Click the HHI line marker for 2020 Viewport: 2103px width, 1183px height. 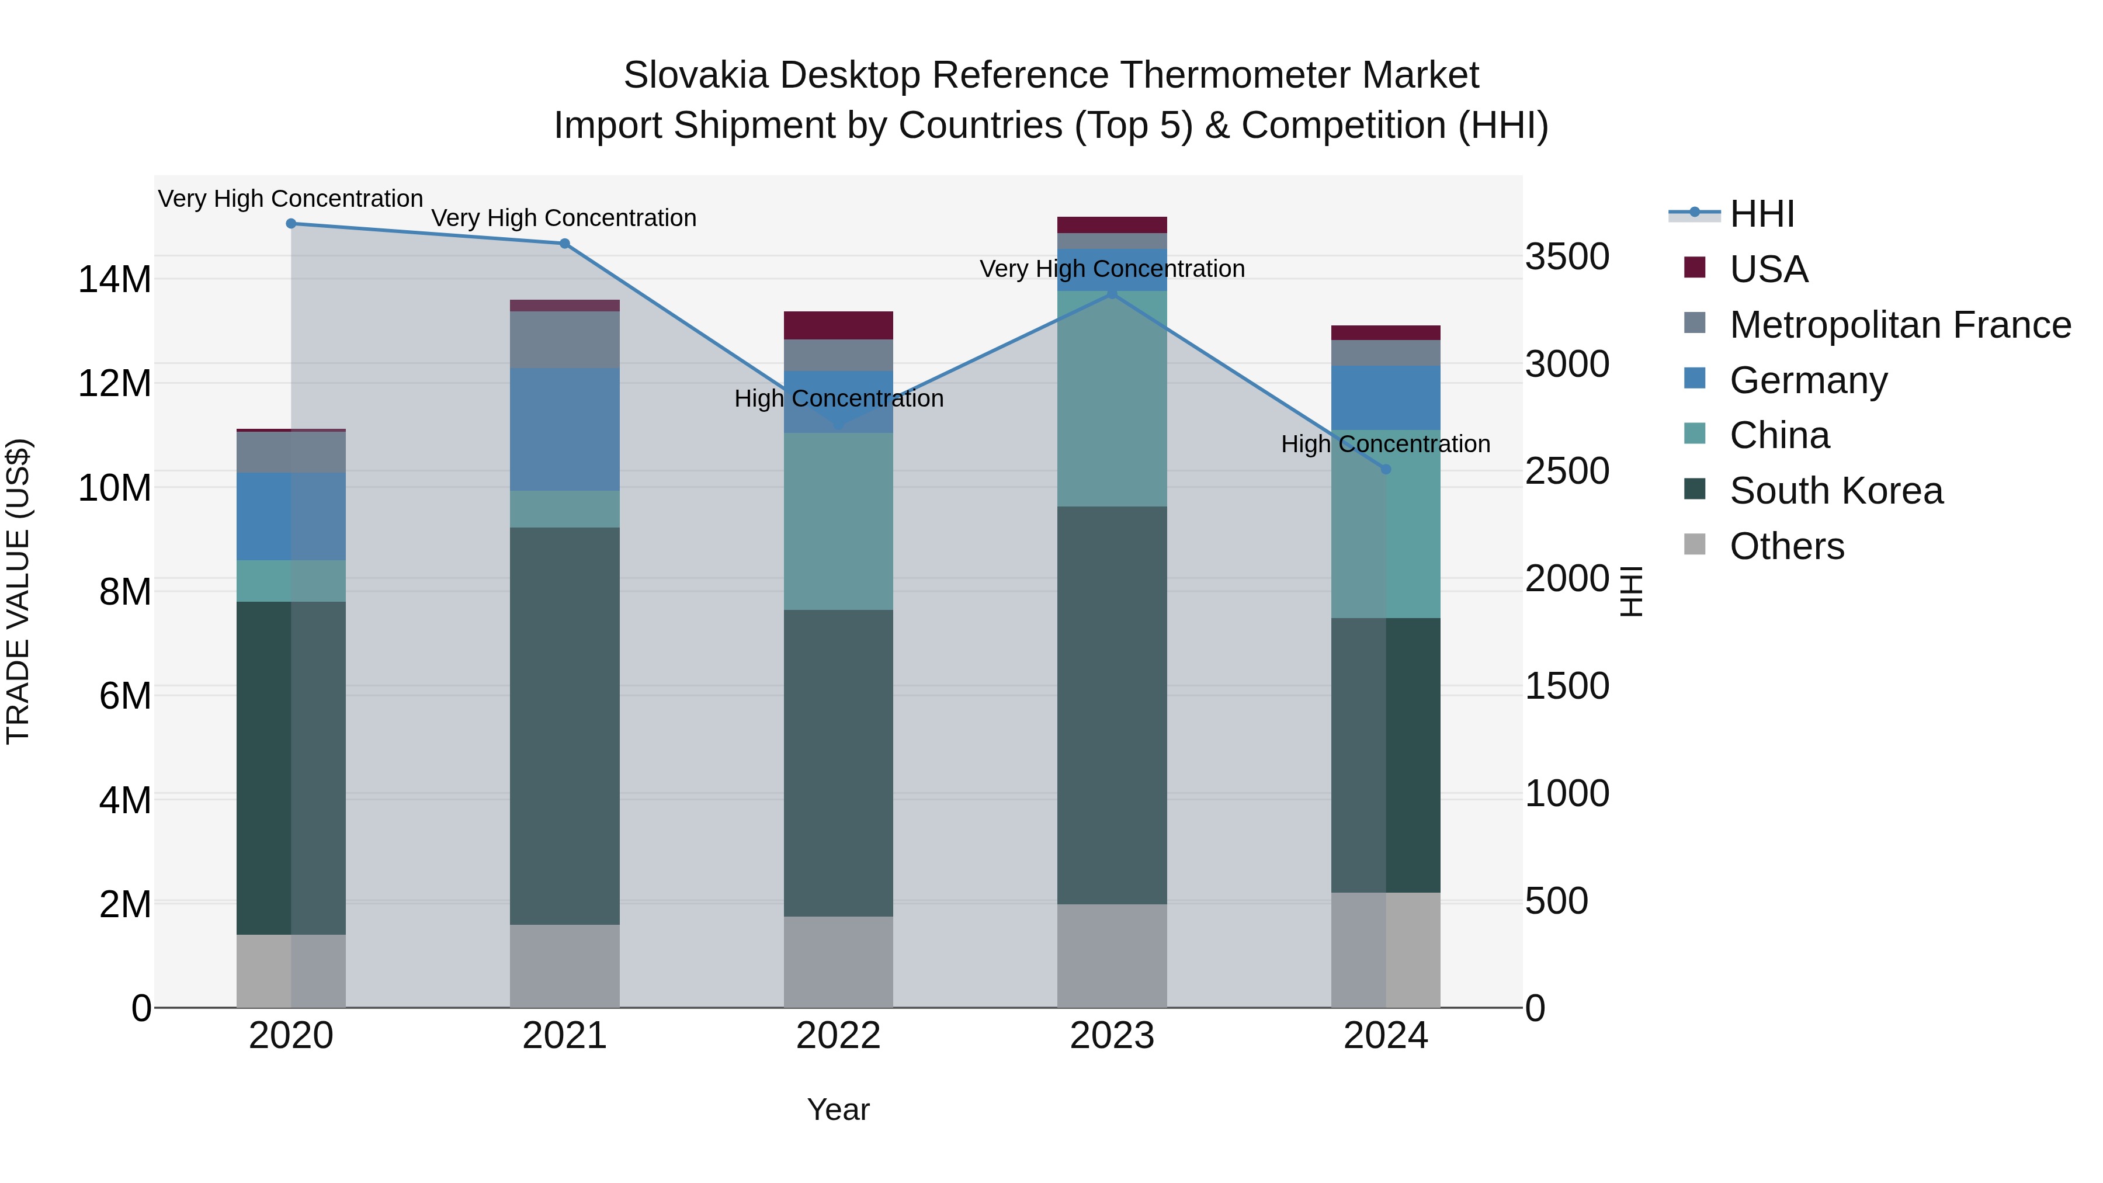coord(291,224)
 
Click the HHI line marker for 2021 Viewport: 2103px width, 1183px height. coord(564,243)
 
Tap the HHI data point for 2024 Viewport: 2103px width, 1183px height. coord(1386,470)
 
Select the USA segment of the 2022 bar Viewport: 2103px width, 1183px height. coord(838,325)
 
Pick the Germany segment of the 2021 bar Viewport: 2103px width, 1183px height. coord(564,429)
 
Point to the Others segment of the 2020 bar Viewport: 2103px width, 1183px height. coord(291,971)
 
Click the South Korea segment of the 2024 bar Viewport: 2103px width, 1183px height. coord(1386,755)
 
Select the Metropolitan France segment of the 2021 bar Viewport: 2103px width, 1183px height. coord(564,339)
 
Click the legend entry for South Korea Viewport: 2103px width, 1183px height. coord(1835,491)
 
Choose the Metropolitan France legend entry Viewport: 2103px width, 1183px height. coord(1899,325)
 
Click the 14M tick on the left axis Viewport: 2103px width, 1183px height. coord(114,279)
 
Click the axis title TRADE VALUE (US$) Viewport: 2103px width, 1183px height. coord(18,591)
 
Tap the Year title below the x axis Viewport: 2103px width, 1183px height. coord(838,1109)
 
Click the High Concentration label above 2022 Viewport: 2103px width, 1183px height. coord(838,398)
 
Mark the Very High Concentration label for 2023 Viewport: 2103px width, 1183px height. coord(1112,269)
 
